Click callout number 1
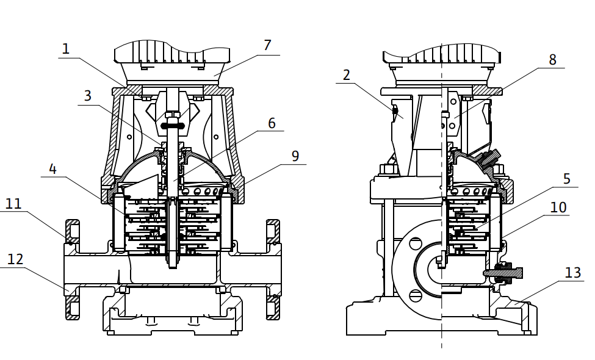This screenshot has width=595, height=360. [x=66, y=49]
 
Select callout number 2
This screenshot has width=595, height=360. [x=346, y=75]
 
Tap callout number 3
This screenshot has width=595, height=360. [x=88, y=96]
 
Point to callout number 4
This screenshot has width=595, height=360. [x=52, y=169]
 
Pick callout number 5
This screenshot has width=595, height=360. [x=567, y=179]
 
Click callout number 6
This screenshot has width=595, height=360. [x=272, y=123]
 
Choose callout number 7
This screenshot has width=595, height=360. [x=267, y=45]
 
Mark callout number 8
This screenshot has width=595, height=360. [x=552, y=60]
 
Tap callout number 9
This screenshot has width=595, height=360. [x=295, y=156]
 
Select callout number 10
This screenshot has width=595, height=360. [x=558, y=207]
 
